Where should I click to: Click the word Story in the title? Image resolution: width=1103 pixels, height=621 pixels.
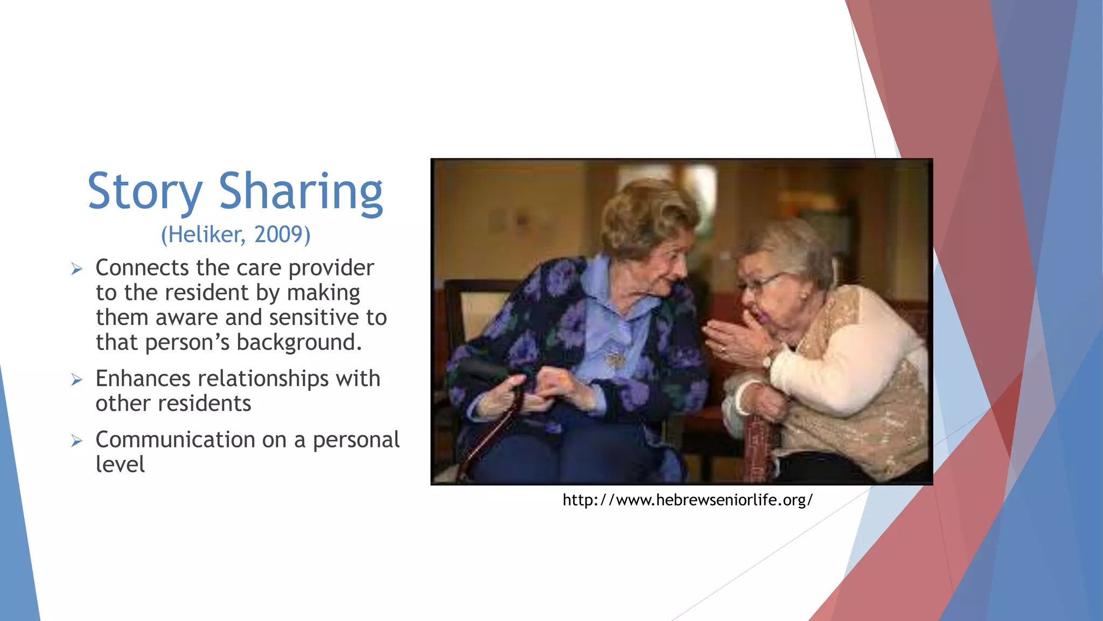pyautogui.click(x=144, y=192)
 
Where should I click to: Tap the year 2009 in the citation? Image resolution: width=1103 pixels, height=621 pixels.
pyautogui.click(x=279, y=234)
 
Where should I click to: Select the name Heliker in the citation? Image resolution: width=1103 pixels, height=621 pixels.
pyautogui.click(x=203, y=234)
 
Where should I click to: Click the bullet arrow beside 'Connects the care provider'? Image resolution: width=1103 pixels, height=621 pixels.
pyautogui.click(x=77, y=268)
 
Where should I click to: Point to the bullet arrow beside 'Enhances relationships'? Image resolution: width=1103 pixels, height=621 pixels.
pyautogui.click(x=77, y=379)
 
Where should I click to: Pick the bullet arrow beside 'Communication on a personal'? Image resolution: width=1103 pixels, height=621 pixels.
pyautogui.click(x=77, y=441)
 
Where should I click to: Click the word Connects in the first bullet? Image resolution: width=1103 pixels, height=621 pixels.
pyautogui.click(x=142, y=268)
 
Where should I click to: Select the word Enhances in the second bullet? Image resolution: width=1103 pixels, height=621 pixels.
pyautogui.click(x=143, y=378)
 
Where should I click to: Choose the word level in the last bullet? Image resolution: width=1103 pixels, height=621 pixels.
pyautogui.click(x=120, y=464)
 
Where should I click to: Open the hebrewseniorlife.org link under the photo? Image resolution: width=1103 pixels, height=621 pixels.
pyautogui.click(x=687, y=500)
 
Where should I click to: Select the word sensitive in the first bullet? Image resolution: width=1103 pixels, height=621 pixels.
pyautogui.click(x=315, y=318)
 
